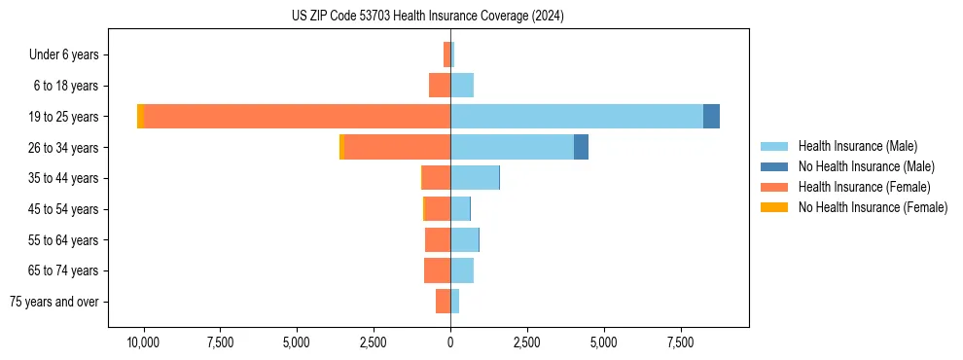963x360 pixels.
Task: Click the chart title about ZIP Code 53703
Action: [428, 17]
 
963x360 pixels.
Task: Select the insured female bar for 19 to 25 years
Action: [297, 116]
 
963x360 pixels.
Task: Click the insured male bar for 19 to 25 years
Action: [576, 116]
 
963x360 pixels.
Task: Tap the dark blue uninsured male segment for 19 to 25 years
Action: [711, 116]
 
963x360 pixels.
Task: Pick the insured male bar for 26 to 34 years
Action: [512, 147]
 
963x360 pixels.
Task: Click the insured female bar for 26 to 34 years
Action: [397, 147]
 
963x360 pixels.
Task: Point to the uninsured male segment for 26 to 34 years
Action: [581, 147]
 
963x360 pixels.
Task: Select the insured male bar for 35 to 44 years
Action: [475, 178]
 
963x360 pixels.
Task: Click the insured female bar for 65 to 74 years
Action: [437, 270]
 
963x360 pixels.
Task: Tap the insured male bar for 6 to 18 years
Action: [462, 86]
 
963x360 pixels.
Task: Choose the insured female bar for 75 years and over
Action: [443, 302]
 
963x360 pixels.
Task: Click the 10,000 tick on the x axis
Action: [144, 342]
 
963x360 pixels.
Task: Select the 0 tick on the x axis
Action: [450, 342]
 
